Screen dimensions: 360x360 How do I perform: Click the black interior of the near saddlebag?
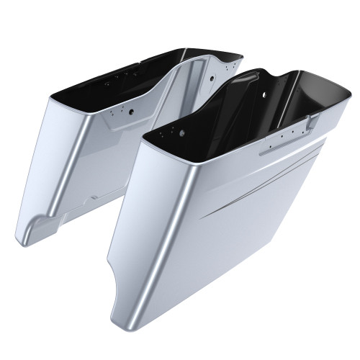(x=238, y=101)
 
